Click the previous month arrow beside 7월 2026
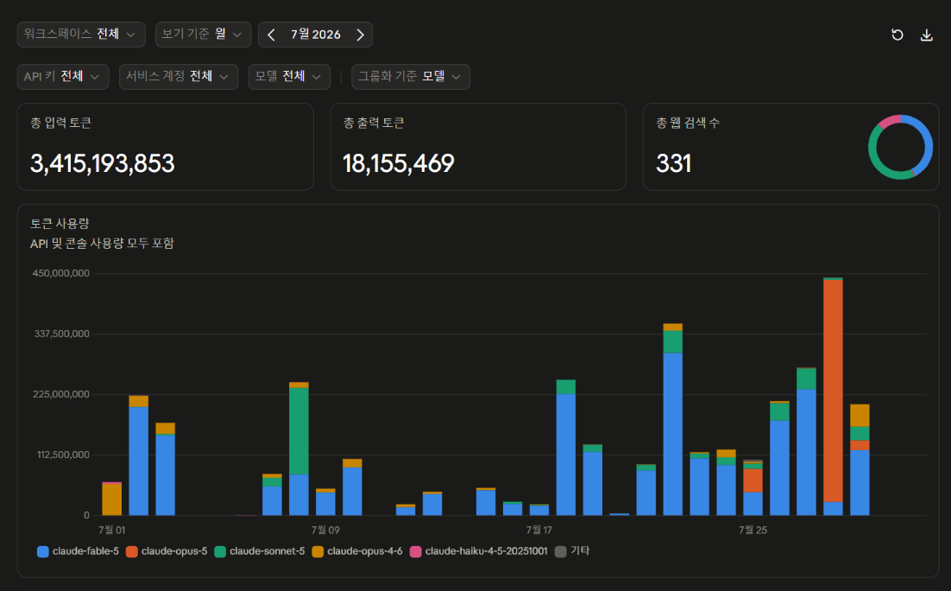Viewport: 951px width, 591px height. pyautogui.click(x=271, y=35)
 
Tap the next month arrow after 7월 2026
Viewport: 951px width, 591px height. pyautogui.click(x=360, y=35)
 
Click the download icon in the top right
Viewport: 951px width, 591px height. pyautogui.click(x=926, y=35)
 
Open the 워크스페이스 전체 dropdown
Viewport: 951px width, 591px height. pyautogui.click(x=81, y=35)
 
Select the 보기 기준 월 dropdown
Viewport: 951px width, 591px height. pyautogui.click(x=203, y=35)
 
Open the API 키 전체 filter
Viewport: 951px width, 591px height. pyautogui.click(x=63, y=77)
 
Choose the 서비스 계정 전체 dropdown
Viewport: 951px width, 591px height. pyautogui.click(x=179, y=77)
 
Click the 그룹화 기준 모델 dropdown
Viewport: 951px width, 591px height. pyautogui.click(x=411, y=77)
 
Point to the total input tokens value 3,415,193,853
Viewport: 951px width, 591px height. pyautogui.click(x=103, y=163)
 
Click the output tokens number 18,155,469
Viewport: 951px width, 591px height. pyautogui.click(x=399, y=163)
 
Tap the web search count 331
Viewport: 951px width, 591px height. pyautogui.click(x=674, y=163)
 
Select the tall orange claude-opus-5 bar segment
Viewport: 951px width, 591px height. pyautogui.click(x=833, y=391)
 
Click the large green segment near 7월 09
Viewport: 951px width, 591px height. pyautogui.click(x=299, y=431)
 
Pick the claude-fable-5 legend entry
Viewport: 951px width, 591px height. pyautogui.click(x=79, y=551)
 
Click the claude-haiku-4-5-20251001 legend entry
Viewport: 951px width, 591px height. pyautogui.click(x=479, y=551)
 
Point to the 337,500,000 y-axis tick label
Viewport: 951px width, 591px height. pyautogui.click(x=62, y=334)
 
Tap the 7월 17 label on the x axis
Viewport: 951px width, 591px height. pyautogui.click(x=539, y=530)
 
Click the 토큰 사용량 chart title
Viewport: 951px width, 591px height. pyautogui.click(x=60, y=224)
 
